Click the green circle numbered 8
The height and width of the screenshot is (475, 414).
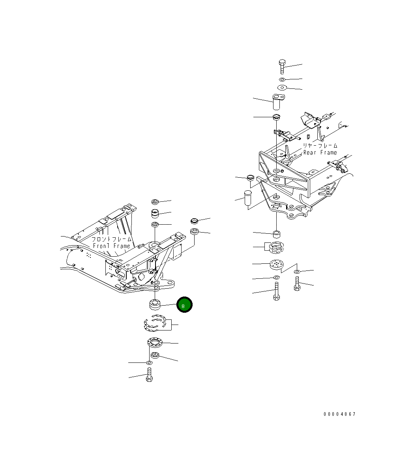tap(184, 305)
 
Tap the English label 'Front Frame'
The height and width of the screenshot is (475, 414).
tap(111, 246)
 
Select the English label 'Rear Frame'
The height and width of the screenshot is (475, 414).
tap(320, 152)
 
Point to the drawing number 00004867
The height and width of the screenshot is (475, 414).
tap(339, 414)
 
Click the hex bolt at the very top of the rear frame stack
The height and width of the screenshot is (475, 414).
tap(282, 67)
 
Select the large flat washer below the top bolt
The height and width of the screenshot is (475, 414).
tap(282, 87)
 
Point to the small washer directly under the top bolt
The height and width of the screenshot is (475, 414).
tap(282, 80)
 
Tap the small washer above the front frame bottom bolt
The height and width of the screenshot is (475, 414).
tap(149, 362)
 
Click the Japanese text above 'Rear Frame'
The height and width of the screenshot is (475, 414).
tap(320, 145)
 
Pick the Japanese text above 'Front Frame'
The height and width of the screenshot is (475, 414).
tap(111, 239)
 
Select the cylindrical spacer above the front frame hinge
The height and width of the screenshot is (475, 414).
tap(155, 214)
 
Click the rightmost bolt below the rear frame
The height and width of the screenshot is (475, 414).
tap(297, 283)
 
